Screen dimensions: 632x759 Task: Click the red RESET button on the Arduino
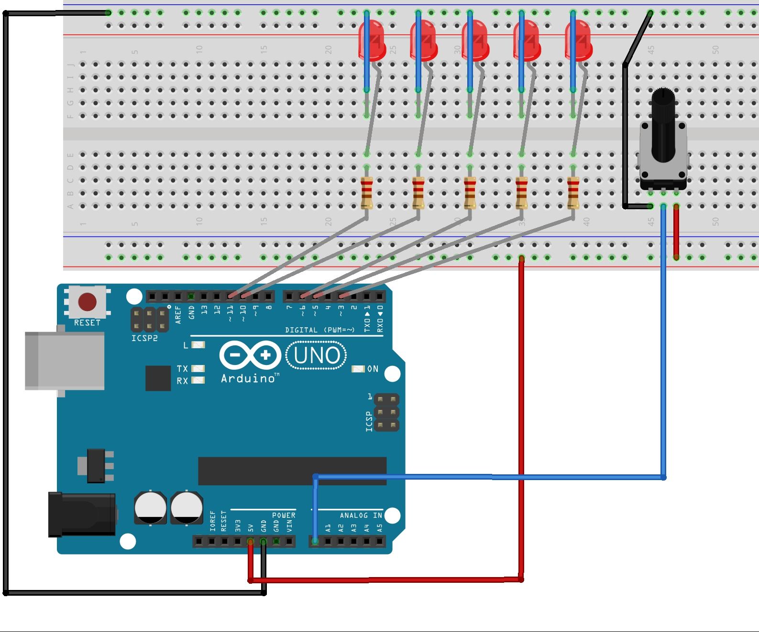[87, 302]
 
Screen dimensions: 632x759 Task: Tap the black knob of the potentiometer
[663, 124]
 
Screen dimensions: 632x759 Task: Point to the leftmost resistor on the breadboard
[367, 193]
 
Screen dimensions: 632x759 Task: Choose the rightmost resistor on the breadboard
[573, 193]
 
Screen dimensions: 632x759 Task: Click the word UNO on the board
[317, 355]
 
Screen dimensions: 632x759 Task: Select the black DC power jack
[81, 514]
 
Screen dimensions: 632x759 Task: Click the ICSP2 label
[144, 338]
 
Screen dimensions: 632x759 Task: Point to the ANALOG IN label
[361, 515]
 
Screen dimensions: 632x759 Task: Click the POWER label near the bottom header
[284, 515]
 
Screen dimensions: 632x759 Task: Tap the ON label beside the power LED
[373, 369]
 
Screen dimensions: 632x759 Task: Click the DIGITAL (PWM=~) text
[319, 330]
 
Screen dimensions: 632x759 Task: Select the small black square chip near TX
[158, 378]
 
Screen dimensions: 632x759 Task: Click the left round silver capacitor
[150, 507]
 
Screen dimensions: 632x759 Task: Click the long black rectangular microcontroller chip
[292, 471]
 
